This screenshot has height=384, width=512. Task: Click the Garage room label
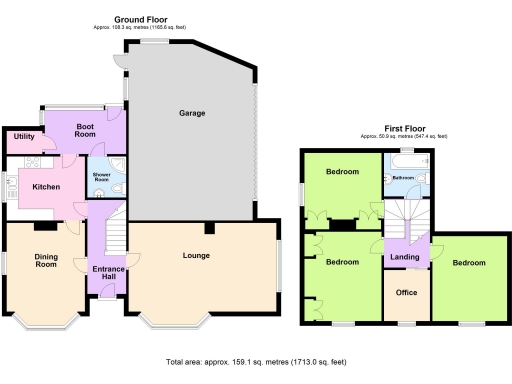[192, 113]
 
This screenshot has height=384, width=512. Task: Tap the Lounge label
[195, 255]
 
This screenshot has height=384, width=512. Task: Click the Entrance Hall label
[106, 273]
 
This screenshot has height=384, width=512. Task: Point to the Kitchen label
[47, 187]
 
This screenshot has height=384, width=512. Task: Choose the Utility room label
[24, 136]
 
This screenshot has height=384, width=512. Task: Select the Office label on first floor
[406, 292]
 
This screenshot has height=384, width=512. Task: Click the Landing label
[405, 257]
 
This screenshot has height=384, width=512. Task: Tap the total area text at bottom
[255, 361]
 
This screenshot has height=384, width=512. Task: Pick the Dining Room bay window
[44, 318]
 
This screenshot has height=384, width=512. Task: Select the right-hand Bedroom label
[468, 263]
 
